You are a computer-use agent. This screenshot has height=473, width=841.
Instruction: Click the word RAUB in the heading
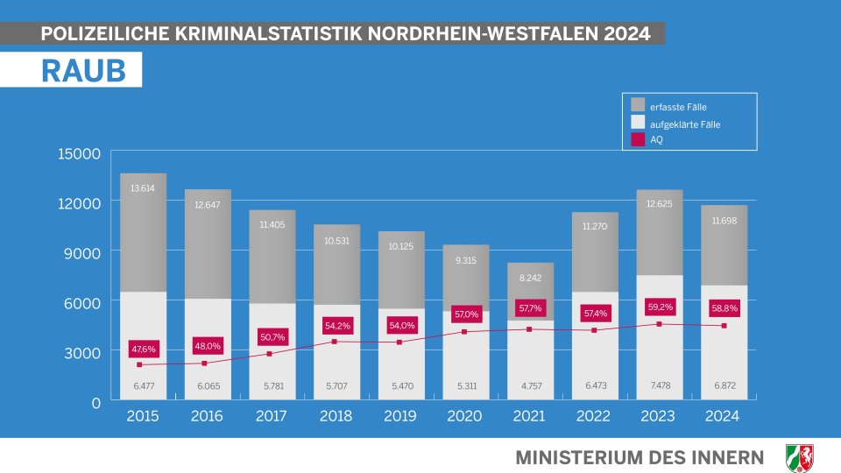click(x=83, y=71)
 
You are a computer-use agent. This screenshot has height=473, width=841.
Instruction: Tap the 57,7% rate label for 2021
click(x=530, y=308)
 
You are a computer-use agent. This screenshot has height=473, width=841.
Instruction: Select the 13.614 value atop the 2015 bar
click(x=143, y=188)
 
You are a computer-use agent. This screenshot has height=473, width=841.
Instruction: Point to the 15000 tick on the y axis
click(x=80, y=154)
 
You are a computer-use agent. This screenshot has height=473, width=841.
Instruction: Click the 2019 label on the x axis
click(x=401, y=416)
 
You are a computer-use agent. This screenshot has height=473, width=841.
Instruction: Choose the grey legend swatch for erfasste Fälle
click(x=638, y=105)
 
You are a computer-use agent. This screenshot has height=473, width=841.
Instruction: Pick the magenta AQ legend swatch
click(x=638, y=138)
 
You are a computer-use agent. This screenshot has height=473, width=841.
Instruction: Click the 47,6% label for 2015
click(x=143, y=349)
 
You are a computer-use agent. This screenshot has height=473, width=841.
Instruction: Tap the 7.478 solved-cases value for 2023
click(x=659, y=385)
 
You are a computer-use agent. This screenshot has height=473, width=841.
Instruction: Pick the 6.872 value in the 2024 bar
click(x=724, y=385)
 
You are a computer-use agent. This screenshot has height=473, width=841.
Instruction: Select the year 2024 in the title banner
click(x=626, y=34)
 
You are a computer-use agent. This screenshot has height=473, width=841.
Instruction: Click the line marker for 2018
click(x=336, y=342)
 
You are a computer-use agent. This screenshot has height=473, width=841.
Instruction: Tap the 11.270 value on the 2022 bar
click(x=594, y=226)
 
